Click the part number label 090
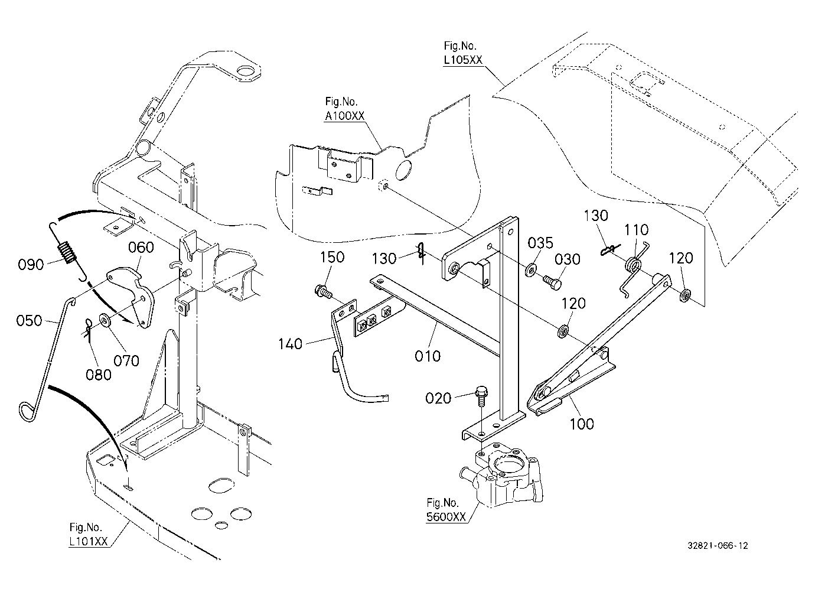tap(31, 265)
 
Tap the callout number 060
tap(141, 248)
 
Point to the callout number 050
tap(29, 321)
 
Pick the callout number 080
tap(98, 375)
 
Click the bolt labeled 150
tap(322, 291)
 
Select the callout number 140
tap(290, 344)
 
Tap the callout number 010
tap(428, 356)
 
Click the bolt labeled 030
tap(552, 282)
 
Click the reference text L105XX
tap(463, 60)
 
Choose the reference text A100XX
tap(344, 116)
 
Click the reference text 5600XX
tap(446, 517)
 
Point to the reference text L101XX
tap(89, 541)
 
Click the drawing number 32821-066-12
tap(718, 545)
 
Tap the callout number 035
tap(540, 243)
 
